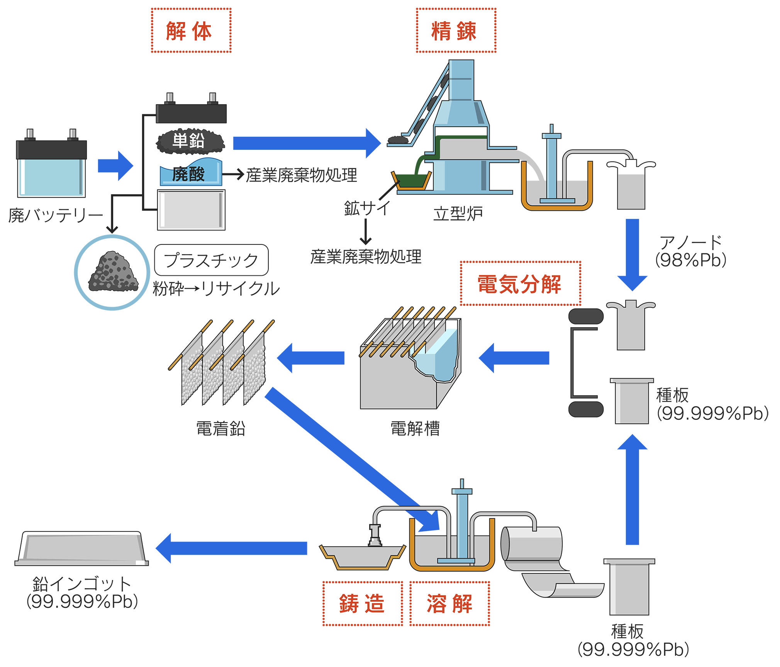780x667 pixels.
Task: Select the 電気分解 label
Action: (x=520, y=284)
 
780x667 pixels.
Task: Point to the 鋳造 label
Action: (x=362, y=603)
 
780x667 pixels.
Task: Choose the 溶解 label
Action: (x=449, y=603)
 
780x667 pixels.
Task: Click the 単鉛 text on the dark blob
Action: (x=189, y=141)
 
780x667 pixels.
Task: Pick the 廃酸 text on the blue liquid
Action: (x=188, y=174)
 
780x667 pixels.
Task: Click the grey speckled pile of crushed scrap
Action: (x=112, y=271)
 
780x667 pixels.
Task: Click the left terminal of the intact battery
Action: (x=30, y=134)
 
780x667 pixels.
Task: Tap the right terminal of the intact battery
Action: (x=72, y=134)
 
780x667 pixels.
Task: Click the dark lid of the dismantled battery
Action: (x=191, y=113)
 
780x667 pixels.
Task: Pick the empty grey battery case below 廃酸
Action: (x=191, y=210)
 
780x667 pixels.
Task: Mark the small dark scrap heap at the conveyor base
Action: (x=398, y=139)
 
